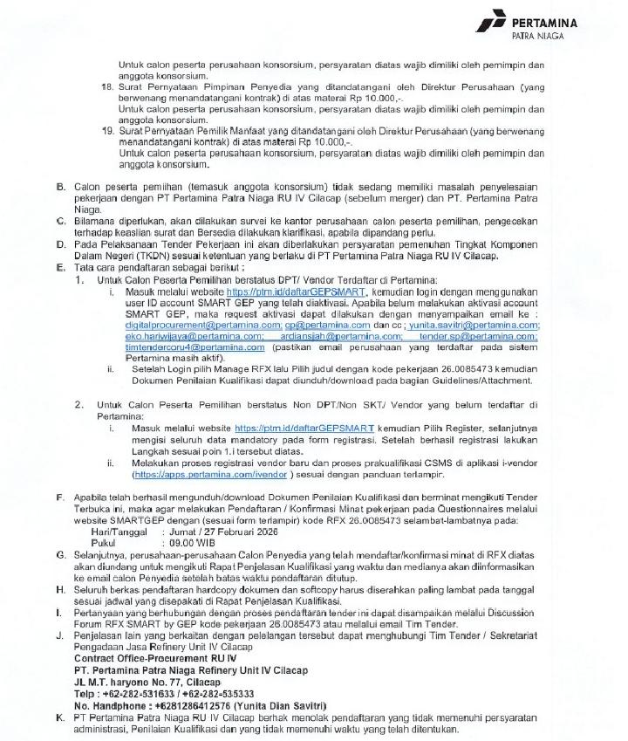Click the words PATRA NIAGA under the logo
pyautogui.click(x=537, y=38)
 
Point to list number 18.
pyautogui.click(x=108, y=88)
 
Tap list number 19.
pyautogui.click(x=108, y=132)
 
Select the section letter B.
pyautogui.click(x=60, y=188)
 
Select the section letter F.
pyautogui.click(x=60, y=497)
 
